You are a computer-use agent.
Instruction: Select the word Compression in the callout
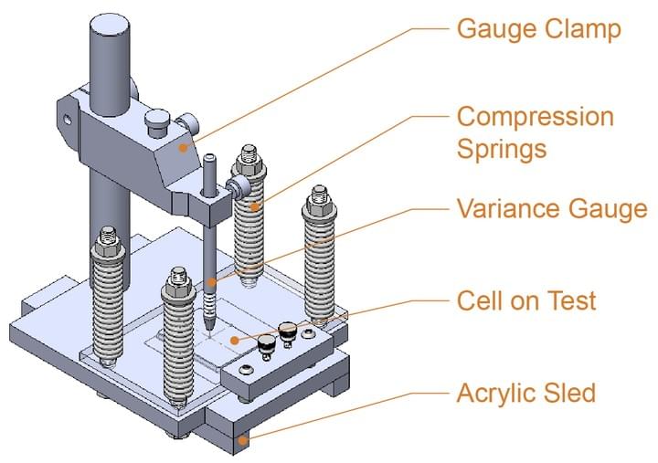pyautogui.click(x=535, y=117)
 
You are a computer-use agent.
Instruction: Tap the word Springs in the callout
pyautogui.click(x=502, y=147)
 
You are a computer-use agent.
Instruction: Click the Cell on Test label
pyautogui.click(x=526, y=300)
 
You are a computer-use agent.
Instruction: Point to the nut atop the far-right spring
pyautogui.click(x=319, y=196)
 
